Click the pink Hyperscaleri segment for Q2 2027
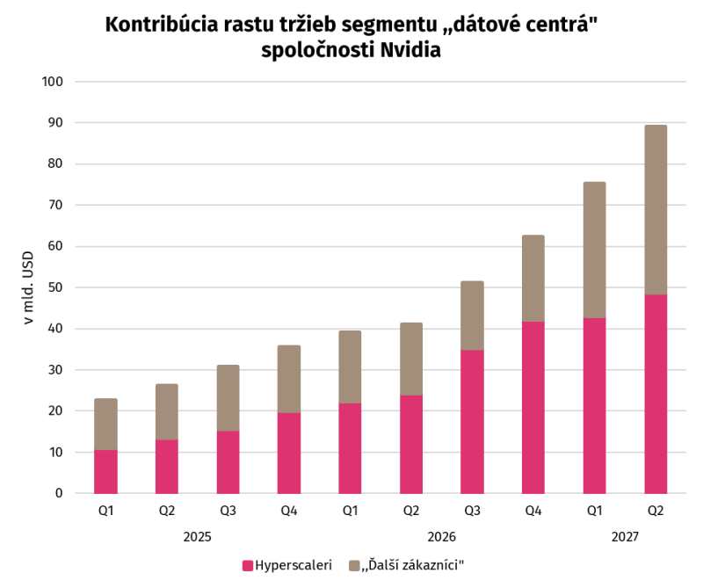(656, 394)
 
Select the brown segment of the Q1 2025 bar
(105, 425)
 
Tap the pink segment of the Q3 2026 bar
(472, 422)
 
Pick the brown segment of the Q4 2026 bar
(533, 278)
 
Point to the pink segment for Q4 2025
(289, 453)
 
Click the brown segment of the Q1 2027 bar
(595, 250)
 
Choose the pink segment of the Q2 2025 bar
(167, 467)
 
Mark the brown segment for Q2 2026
(411, 359)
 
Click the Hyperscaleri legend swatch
(248, 565)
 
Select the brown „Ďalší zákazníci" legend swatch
(354, 565)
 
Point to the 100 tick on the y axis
(53, 82)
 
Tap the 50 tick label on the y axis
(55, 287)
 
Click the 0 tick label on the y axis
(59, 493)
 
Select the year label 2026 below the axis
(442, 537)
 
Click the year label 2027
(625, 537)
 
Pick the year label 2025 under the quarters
(197, 537)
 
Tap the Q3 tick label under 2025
(228, 511)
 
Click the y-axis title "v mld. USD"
(28, 287)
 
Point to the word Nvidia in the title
(410, 50)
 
